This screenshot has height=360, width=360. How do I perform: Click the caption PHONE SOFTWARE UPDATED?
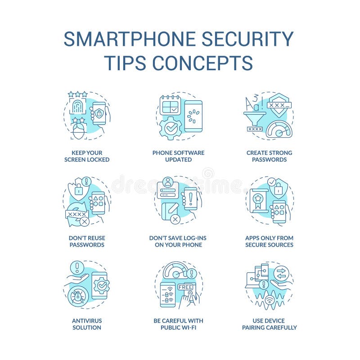click(178, 156)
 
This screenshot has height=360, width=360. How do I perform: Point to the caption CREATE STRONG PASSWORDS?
click(269, 156)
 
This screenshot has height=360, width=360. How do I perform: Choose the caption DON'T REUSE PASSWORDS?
click(87, 241)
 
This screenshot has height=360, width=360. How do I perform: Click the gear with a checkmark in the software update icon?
click(171, 128)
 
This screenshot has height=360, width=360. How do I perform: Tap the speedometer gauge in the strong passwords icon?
click(279, 130)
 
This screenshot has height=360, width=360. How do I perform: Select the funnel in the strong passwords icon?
click(256, 119)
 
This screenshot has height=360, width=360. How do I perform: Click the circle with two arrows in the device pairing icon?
click(281, 273)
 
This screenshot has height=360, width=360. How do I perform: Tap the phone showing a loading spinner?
click(193, 116)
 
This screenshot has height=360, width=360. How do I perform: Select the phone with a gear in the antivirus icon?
click(99, 285)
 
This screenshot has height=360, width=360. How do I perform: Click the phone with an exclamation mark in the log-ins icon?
click(190, 199)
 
